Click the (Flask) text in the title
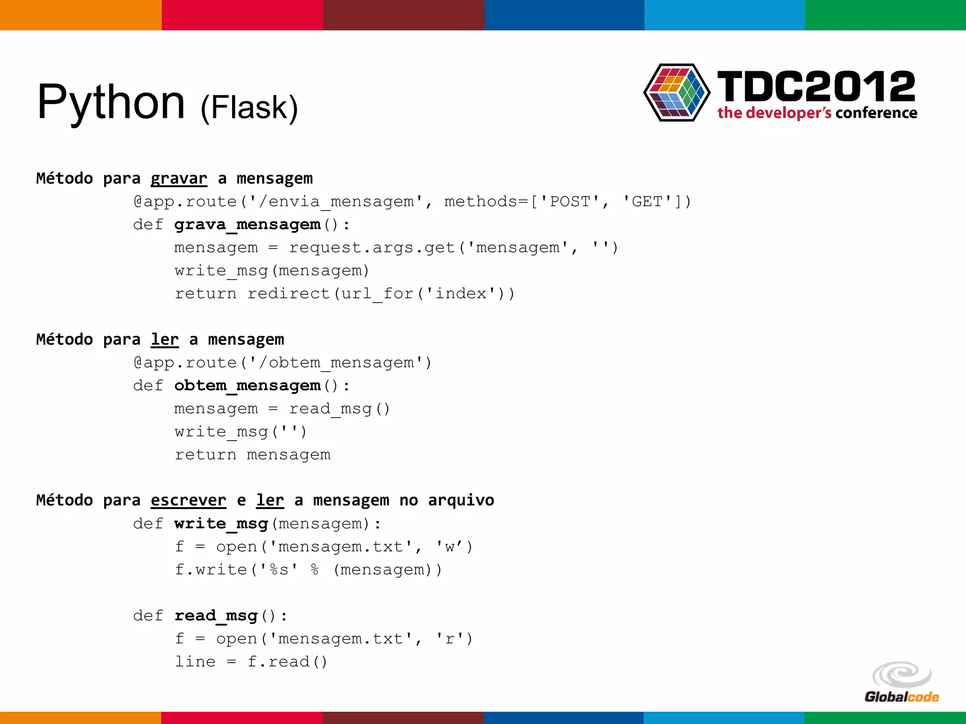(249, 107)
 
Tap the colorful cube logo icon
(676, 93)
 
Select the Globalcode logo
(901, 683)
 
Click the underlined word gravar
(179, 179)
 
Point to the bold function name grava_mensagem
(247, 225)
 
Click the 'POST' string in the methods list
(570, 202)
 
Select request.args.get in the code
(372, 248)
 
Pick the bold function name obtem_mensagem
(247, 386)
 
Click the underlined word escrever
(188, 501)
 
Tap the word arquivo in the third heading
(461, 501)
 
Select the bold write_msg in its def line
(221, 524)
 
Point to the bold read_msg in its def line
(216, 616)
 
